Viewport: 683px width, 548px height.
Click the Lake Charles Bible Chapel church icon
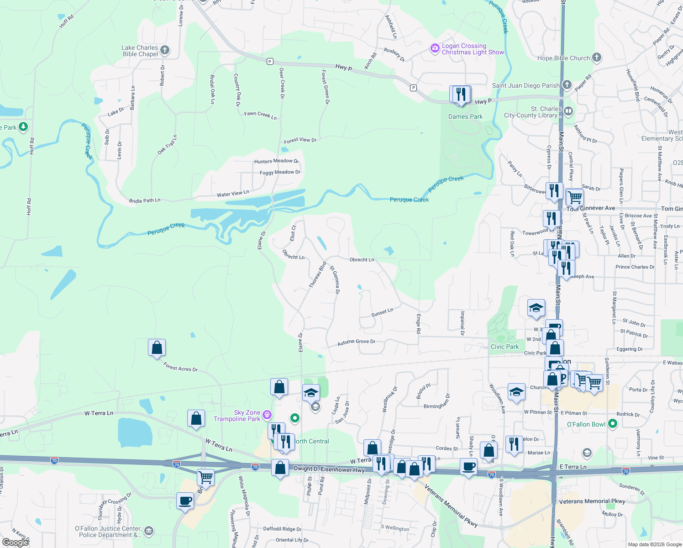(x=165, y=50)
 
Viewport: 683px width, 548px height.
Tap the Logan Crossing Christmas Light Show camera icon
(x=435, y=48)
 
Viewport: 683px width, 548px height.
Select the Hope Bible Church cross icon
(x=596, y=58)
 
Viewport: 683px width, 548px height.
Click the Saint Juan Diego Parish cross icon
(x=567, y=85)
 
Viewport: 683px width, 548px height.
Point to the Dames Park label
(x=465, y=116)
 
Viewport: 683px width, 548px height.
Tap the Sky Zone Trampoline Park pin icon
(x=267, y=415)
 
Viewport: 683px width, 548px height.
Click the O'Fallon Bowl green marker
(x=613, y=424)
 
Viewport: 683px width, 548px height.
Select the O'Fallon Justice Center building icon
(x=148, y=531)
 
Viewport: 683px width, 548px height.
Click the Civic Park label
(x=504, y=347)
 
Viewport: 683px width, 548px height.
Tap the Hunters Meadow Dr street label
(x=276, y=161)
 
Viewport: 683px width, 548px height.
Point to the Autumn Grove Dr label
(x=356, y=342)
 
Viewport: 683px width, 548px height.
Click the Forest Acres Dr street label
(x=180, y=367)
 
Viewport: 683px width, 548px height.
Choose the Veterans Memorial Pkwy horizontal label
(x=592, y=501)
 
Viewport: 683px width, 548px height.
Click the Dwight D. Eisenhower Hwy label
(x=329, y=469)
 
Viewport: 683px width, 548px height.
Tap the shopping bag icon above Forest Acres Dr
(x=157, y=348)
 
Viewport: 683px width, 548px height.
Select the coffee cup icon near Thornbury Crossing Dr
(x=185, y=501)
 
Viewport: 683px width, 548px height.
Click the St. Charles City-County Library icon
(x=568, y=111)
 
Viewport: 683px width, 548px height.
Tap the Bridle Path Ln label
(x=145, y=200)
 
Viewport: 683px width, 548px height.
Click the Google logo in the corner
(x=15, y=543)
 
